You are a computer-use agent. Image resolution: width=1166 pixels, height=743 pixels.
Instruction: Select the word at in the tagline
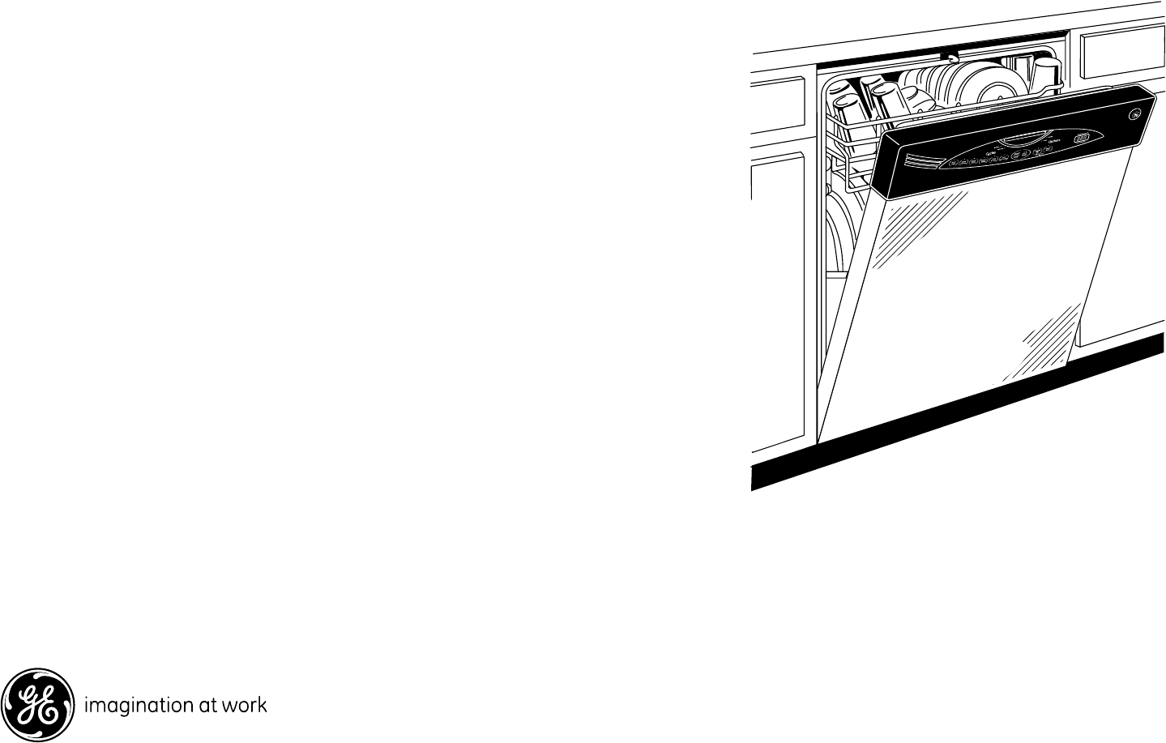tap(209, 706)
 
